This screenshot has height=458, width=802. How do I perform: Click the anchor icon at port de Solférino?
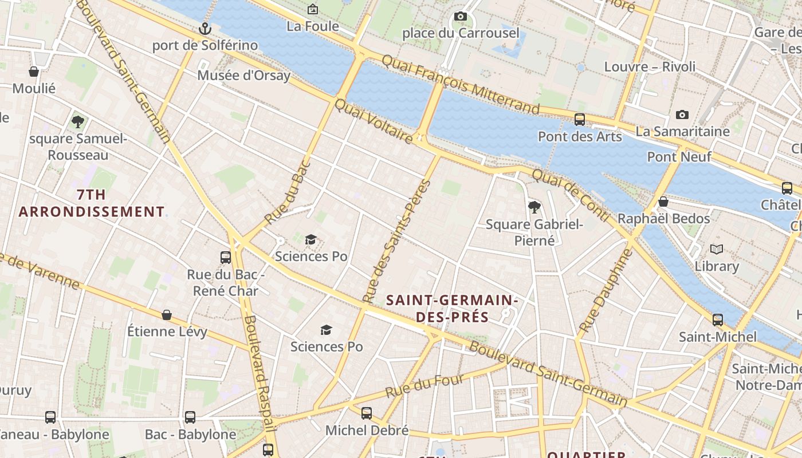click(x=205, y=28)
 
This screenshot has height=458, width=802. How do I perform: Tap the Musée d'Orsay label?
click(x=244, y=75)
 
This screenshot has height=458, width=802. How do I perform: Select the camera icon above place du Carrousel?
click(x=460, y=17)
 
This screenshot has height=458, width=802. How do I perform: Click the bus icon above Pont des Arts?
click(x=580, y=120)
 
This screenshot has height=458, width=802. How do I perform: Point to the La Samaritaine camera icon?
click(x=682, y=114)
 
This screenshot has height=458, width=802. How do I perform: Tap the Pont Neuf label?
click(x=679, y=157)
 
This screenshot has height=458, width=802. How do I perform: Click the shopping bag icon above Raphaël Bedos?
click(x=663, y=202)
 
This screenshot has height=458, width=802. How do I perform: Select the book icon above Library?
click(x=717, y=249)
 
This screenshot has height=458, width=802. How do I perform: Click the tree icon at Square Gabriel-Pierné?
click(x=534, y=207)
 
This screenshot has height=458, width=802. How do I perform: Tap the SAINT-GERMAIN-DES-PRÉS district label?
click(x=452, y=308)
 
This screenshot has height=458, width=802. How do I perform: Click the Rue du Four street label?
click(x=424, y=387)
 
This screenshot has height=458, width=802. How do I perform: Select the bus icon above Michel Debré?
click(x=367, y=413)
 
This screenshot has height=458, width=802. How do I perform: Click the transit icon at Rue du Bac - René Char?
click(x=226, y=257)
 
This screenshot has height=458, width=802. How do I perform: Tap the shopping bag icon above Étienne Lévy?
click(x=167, y=314)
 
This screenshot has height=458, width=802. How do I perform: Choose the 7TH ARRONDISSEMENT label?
click(x=92, y=203)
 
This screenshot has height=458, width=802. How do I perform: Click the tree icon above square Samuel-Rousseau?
click(x=78, y=121)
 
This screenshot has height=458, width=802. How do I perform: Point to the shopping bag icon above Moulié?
click(x=34, y=72)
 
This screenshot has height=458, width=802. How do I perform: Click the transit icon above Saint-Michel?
click(x=718, y=319)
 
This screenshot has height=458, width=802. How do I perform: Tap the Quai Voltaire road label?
click(x=373, y=121)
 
